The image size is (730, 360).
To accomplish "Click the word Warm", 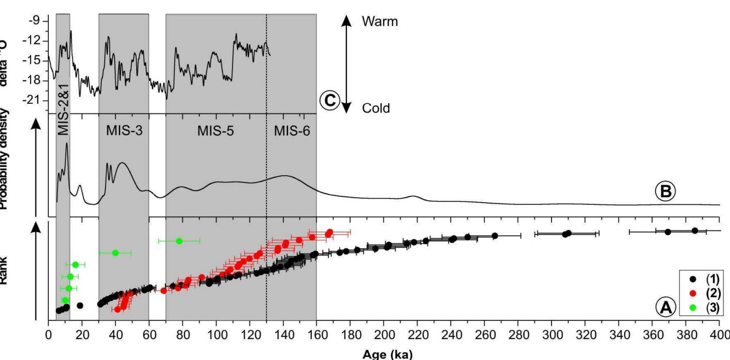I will [380, 21].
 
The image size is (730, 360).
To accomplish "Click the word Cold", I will [376, 108].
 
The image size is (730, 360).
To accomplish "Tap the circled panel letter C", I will [330, 100].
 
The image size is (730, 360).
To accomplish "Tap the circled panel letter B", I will [665, 191].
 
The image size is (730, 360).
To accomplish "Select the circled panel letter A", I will [666, 307].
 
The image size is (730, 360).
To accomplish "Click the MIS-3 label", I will [124, 131].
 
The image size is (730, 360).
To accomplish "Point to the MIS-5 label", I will [215, 131].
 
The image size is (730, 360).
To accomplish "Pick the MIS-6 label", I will [292, 131].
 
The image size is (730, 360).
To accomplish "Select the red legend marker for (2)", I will [693, 293].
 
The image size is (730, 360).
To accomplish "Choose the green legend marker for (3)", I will [693, 308].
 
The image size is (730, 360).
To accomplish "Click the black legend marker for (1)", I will [693, 279].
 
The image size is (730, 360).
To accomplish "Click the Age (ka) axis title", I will [387, 354].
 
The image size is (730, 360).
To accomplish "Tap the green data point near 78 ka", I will [179, 241].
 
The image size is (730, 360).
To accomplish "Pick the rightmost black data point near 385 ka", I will [695, 231].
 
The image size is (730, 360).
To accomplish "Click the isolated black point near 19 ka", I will [80, 305].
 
